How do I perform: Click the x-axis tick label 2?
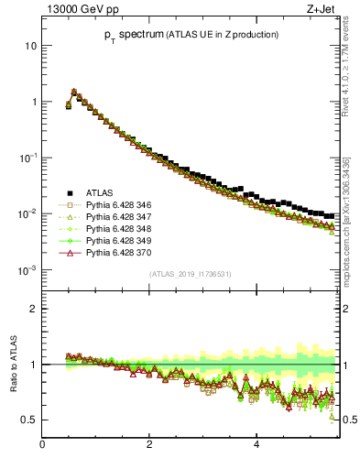click(x=149, y=445)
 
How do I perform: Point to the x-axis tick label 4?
click(x=256, y=445)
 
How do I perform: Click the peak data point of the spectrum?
click(x=74, y=92)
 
